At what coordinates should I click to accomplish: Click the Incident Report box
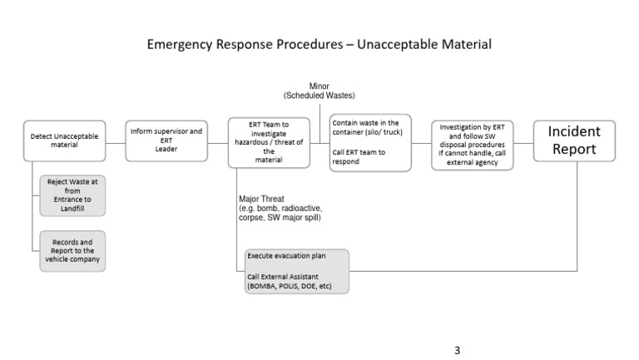[x=573, y=141]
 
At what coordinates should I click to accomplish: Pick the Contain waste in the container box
[x=370, y=142]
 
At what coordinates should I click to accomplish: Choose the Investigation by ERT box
[x=472, y=144]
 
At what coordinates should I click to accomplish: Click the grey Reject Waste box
[x=72, y=195]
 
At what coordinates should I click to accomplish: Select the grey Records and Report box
[x=72, y=250]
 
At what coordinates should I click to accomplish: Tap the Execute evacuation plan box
[x=296, y=271]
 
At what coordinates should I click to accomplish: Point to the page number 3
[x=457, y=350]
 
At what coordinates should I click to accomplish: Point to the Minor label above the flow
[x=319, y=86]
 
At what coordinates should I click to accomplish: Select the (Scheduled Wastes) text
[x=319, y=96]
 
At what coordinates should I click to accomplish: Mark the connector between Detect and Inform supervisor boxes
[x=116, y=141]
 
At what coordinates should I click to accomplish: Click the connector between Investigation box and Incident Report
[x=523, y=142]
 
